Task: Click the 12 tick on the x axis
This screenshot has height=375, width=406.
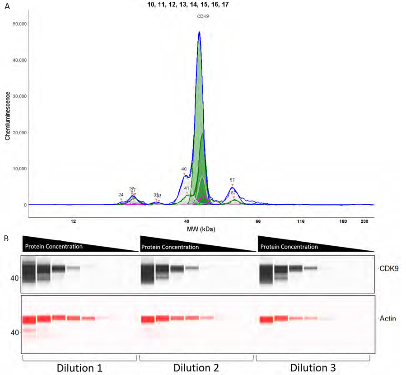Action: click(73, 221)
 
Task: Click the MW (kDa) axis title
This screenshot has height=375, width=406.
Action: click(201, 230)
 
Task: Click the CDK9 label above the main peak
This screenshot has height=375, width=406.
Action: click(203, 16)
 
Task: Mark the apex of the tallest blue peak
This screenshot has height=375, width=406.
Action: click(199, 32)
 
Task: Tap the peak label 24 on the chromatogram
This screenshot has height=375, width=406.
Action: click(121, 195)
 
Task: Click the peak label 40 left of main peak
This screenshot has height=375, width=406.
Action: click(184, 169)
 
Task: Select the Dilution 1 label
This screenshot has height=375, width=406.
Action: click(79, 368)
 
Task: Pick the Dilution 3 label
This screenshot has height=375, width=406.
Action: click(313, 368)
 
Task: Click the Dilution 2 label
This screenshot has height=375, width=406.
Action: click(196, 368)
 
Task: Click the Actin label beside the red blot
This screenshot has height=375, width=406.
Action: click(387, 319)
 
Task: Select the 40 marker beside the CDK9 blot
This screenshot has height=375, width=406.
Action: click(15, 278)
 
